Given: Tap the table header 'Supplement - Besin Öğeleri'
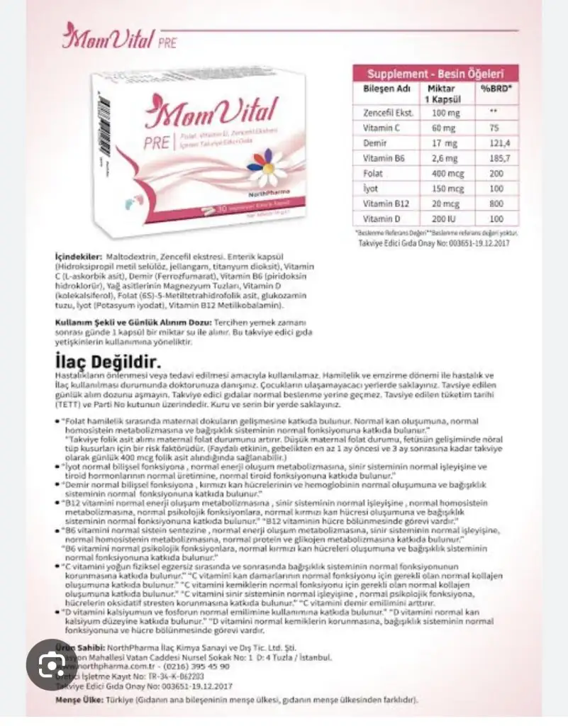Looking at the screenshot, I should click(435, 73).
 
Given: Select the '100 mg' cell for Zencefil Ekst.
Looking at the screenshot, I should click(440, 112).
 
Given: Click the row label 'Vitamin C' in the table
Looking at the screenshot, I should click(379, 128).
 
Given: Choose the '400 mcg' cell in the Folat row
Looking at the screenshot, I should click(440, 174).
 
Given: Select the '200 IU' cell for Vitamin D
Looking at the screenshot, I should click(440, 220).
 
